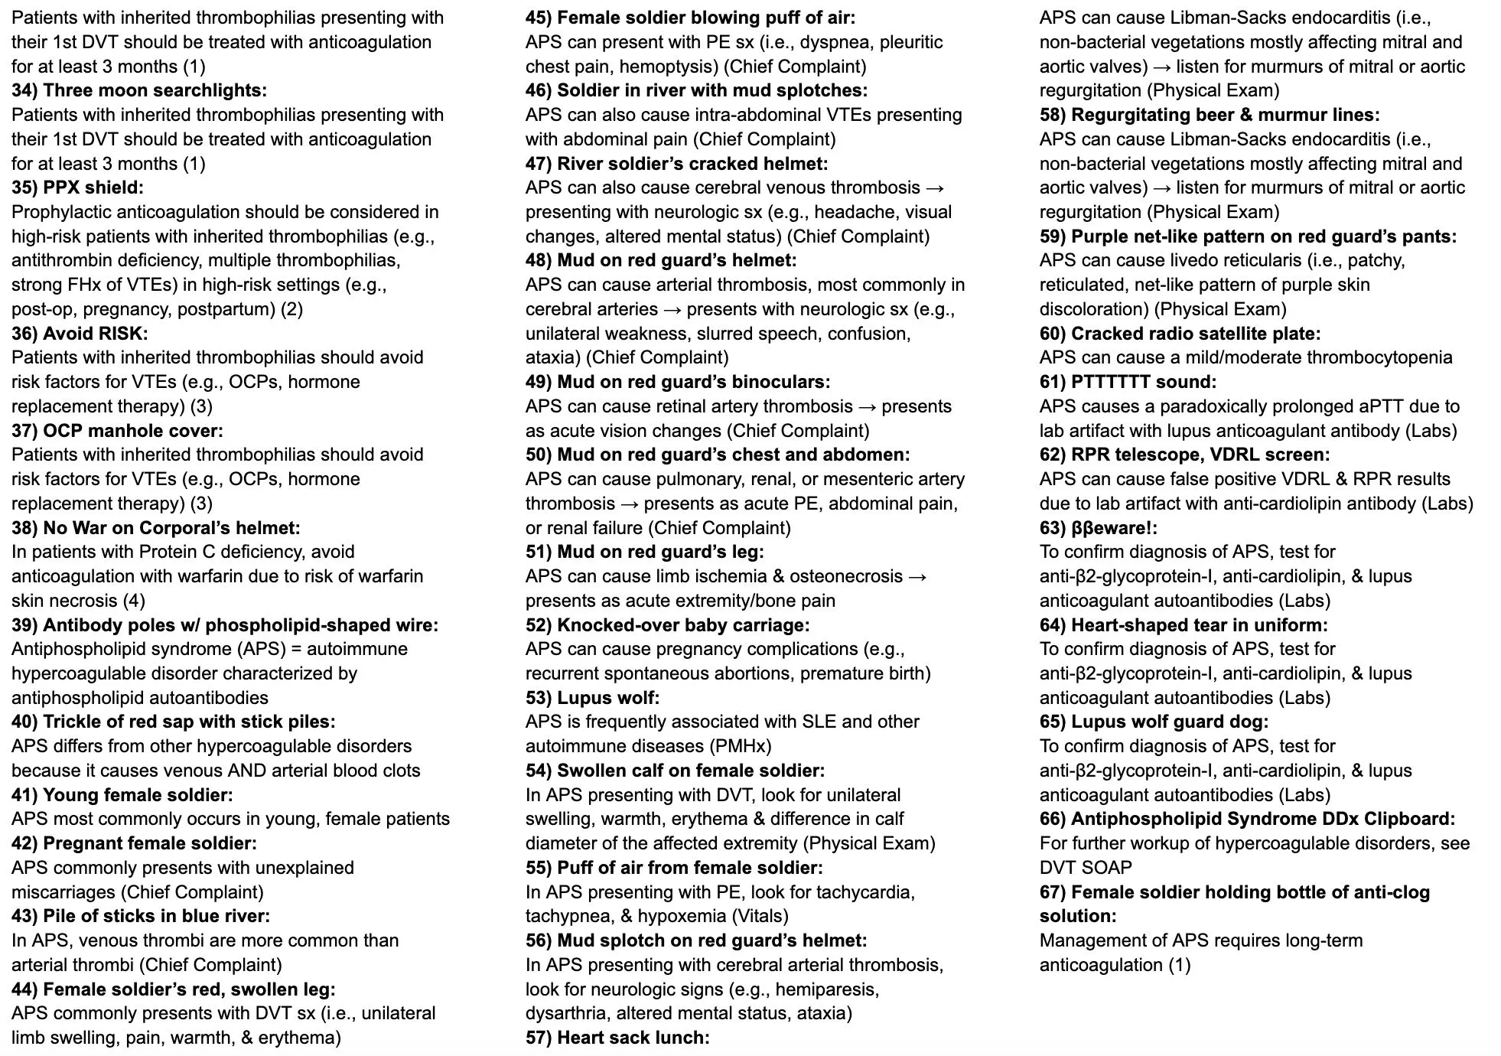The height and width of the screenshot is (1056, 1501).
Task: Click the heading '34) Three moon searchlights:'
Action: pyautogui.click(x=139, y=90)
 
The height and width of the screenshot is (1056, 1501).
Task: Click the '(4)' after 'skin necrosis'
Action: pyautogui.click(x=134, y=601)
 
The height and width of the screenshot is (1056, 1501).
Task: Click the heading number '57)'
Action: pyautogui.click(x=539, y=1038)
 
